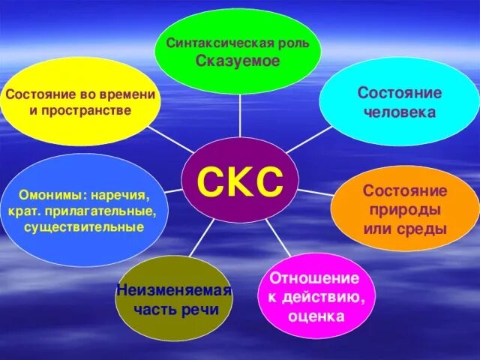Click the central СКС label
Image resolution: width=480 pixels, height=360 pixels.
coord(240,180)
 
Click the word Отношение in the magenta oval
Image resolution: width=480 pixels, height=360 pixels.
coord(314,279)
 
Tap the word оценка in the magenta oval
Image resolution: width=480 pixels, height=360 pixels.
coord(315,316)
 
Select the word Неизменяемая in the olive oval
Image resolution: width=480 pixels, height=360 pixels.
coord(174,289)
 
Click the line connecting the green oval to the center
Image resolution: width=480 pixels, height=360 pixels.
coord(240,115)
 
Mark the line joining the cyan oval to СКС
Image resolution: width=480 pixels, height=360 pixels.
coord(308,139)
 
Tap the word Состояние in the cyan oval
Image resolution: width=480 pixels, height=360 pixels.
coord(388,93)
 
